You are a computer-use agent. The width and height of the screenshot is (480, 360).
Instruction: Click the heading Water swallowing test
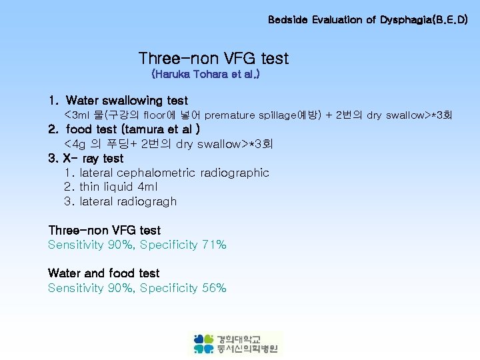point(127,101)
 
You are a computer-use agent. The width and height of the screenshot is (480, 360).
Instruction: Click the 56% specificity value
point(213,289)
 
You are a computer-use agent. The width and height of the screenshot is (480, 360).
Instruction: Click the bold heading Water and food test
point(104,273)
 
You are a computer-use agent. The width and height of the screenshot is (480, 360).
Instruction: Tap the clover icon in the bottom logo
point(204,343)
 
